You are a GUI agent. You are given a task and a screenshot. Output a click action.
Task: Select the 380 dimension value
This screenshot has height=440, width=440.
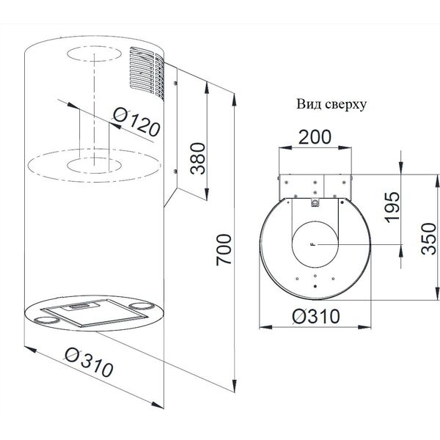tap(197, 158)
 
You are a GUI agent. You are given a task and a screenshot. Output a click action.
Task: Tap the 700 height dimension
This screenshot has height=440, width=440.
tap(224, 250)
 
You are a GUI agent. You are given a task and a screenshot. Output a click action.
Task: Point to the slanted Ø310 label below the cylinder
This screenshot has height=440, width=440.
tap(89, 362)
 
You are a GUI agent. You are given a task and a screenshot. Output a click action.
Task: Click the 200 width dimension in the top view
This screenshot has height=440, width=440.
tap(315, 137)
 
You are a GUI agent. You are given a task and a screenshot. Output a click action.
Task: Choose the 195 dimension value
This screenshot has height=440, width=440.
tap(392, 208)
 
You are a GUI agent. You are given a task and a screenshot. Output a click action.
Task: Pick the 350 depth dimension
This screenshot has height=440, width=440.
tap(429, 239)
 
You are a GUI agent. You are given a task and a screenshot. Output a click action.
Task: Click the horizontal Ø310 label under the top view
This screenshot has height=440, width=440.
tap(315, 316)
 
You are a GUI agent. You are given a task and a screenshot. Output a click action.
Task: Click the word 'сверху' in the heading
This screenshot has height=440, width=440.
tap(346, 105)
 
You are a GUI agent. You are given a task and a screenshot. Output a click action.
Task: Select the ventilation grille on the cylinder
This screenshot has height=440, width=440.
tap(147, 73)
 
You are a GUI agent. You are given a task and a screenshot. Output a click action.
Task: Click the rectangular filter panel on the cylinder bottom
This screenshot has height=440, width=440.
tap(95, 313)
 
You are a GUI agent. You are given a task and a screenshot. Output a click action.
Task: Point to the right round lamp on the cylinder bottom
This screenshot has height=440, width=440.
tap(142, 306)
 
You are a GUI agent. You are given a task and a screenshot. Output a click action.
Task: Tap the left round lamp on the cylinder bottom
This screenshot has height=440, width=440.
tap(45, 320)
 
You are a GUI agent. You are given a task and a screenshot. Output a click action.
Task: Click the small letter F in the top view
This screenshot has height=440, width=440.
tap(313, 244)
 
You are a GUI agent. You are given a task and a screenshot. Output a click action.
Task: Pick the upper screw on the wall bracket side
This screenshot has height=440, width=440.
tap(175, 83)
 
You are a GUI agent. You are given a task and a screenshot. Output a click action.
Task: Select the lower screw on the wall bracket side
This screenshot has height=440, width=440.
tap(175, 171)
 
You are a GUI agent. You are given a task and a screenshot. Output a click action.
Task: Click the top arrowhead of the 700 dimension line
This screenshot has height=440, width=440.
tap(235, 100)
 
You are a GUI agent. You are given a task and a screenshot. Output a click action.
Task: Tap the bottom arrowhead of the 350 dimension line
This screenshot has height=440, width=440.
tap(437, 293)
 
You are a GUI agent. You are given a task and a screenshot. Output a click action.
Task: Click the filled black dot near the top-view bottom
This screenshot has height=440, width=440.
tap(315, 286)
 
